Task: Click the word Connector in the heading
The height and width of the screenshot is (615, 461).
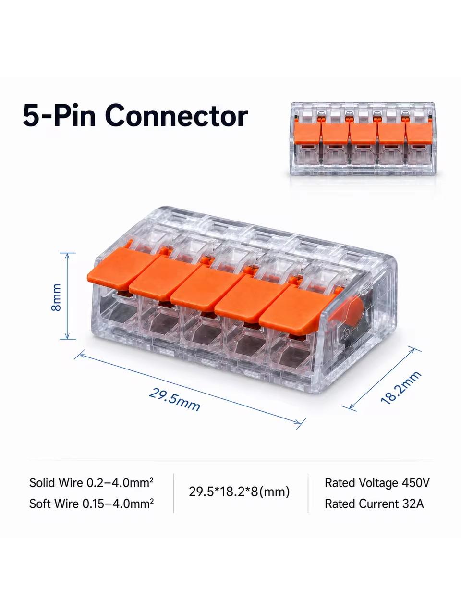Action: [x=177, y=115]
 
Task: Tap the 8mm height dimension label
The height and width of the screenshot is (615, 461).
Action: [x=57, y=297]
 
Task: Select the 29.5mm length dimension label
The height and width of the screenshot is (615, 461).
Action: [x=175, y=400]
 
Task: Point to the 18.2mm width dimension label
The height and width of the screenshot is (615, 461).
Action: [x=401, y=387]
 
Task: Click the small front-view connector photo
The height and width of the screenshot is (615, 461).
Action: [x=363, y=139]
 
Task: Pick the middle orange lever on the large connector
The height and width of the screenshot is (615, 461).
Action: [x=207, y=287]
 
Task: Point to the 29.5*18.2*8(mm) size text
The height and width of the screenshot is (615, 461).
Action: [x=239, y=492]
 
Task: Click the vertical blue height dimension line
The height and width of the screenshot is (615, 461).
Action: [x=67, y=296]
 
